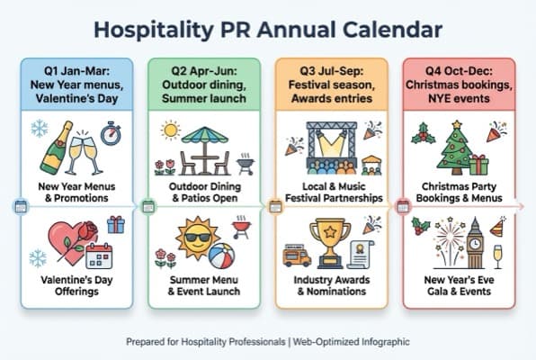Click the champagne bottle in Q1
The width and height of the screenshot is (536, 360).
pos(53,148)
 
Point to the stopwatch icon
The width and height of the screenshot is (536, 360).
pos(111,134)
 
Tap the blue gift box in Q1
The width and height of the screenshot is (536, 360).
pos(116,224)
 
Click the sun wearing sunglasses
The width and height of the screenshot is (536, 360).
pos(197,240)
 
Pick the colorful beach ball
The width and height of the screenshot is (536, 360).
pos(221,256)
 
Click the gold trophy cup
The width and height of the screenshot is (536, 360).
pos(329,241)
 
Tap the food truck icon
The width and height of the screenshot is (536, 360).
pos(296,256)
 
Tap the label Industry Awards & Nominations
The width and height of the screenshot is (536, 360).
pos(330,286)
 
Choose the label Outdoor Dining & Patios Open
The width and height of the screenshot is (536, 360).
pos(203,192)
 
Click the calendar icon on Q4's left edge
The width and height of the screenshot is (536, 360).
pos(404,206)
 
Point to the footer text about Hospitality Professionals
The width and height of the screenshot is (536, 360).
pos(267,342)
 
